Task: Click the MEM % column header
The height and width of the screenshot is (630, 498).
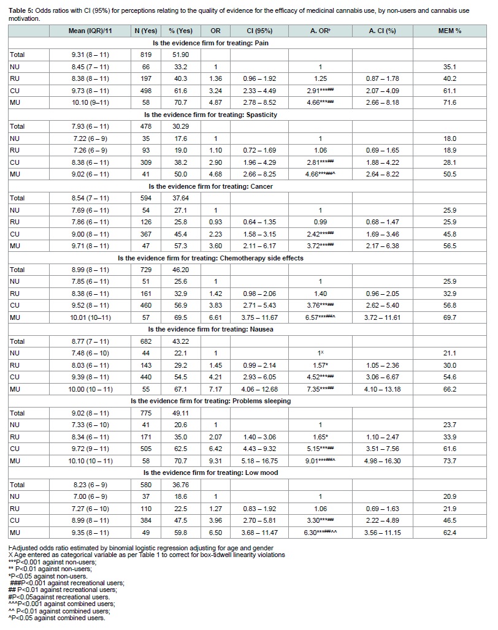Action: (450, 31)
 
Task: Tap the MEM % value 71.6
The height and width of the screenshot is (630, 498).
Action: (449, 102)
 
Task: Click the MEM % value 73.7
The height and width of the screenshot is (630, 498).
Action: (449, 460)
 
